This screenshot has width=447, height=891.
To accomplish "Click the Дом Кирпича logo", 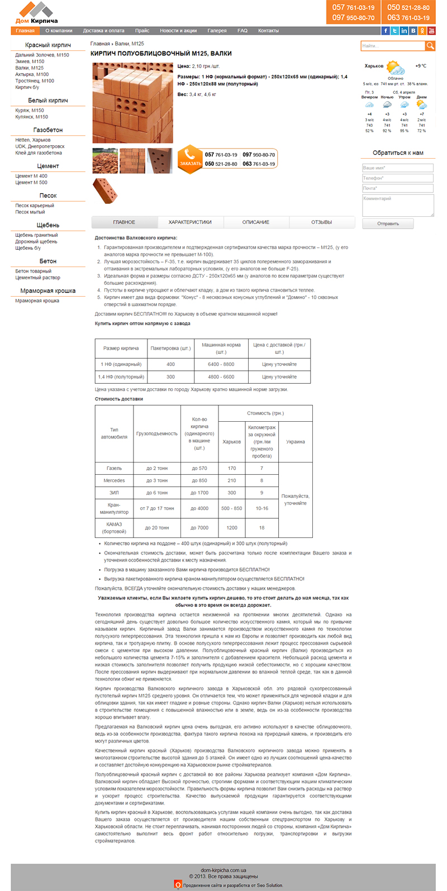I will [x=36, y=12].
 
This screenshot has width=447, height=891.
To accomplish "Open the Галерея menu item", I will [x=217, y=31].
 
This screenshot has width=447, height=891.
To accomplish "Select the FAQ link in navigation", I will [x=242, y=31].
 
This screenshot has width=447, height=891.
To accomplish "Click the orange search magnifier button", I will [x=430, y=46].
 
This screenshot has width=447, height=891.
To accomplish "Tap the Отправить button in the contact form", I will [x=388, y=223].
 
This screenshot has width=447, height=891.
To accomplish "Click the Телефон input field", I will [x=397, y=178].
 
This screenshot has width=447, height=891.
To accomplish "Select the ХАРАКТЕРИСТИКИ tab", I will [x=190, y=222].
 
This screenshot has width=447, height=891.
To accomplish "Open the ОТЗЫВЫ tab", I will [x=321, y=222].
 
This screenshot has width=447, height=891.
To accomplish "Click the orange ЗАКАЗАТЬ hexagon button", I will [x=190, y=159].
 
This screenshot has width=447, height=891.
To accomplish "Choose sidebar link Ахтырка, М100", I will [x=32, y=74].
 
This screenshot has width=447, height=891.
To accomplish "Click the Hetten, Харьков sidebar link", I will [x=33, y=140].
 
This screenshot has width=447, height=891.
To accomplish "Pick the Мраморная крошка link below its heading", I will [x=37, y=301].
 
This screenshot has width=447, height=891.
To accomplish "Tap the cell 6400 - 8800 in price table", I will [x=221, y=364].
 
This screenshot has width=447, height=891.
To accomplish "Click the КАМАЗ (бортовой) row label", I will [x=114, y=528].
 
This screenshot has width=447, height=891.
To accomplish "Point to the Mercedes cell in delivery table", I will [x=114, y=480].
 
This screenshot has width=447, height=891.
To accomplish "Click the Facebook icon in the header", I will [x=385, y=31].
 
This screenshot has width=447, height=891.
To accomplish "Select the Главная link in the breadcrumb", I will [x=100, y=44].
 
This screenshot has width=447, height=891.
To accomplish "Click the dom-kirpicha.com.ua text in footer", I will [x=223, y=870].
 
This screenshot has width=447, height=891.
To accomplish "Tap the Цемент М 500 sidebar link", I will [x=31, y=183].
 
